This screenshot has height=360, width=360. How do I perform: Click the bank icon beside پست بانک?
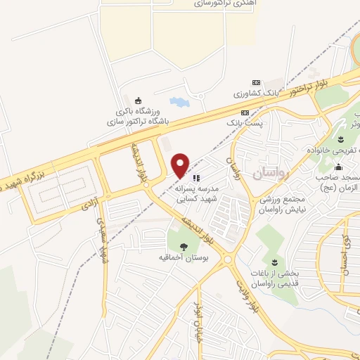coord(245,112)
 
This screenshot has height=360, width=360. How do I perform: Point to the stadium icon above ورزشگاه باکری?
coord(139,99)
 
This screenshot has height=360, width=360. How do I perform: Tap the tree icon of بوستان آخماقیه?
coord(184,246)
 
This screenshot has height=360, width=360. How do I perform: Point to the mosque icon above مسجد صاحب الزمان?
coord(339,167)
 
